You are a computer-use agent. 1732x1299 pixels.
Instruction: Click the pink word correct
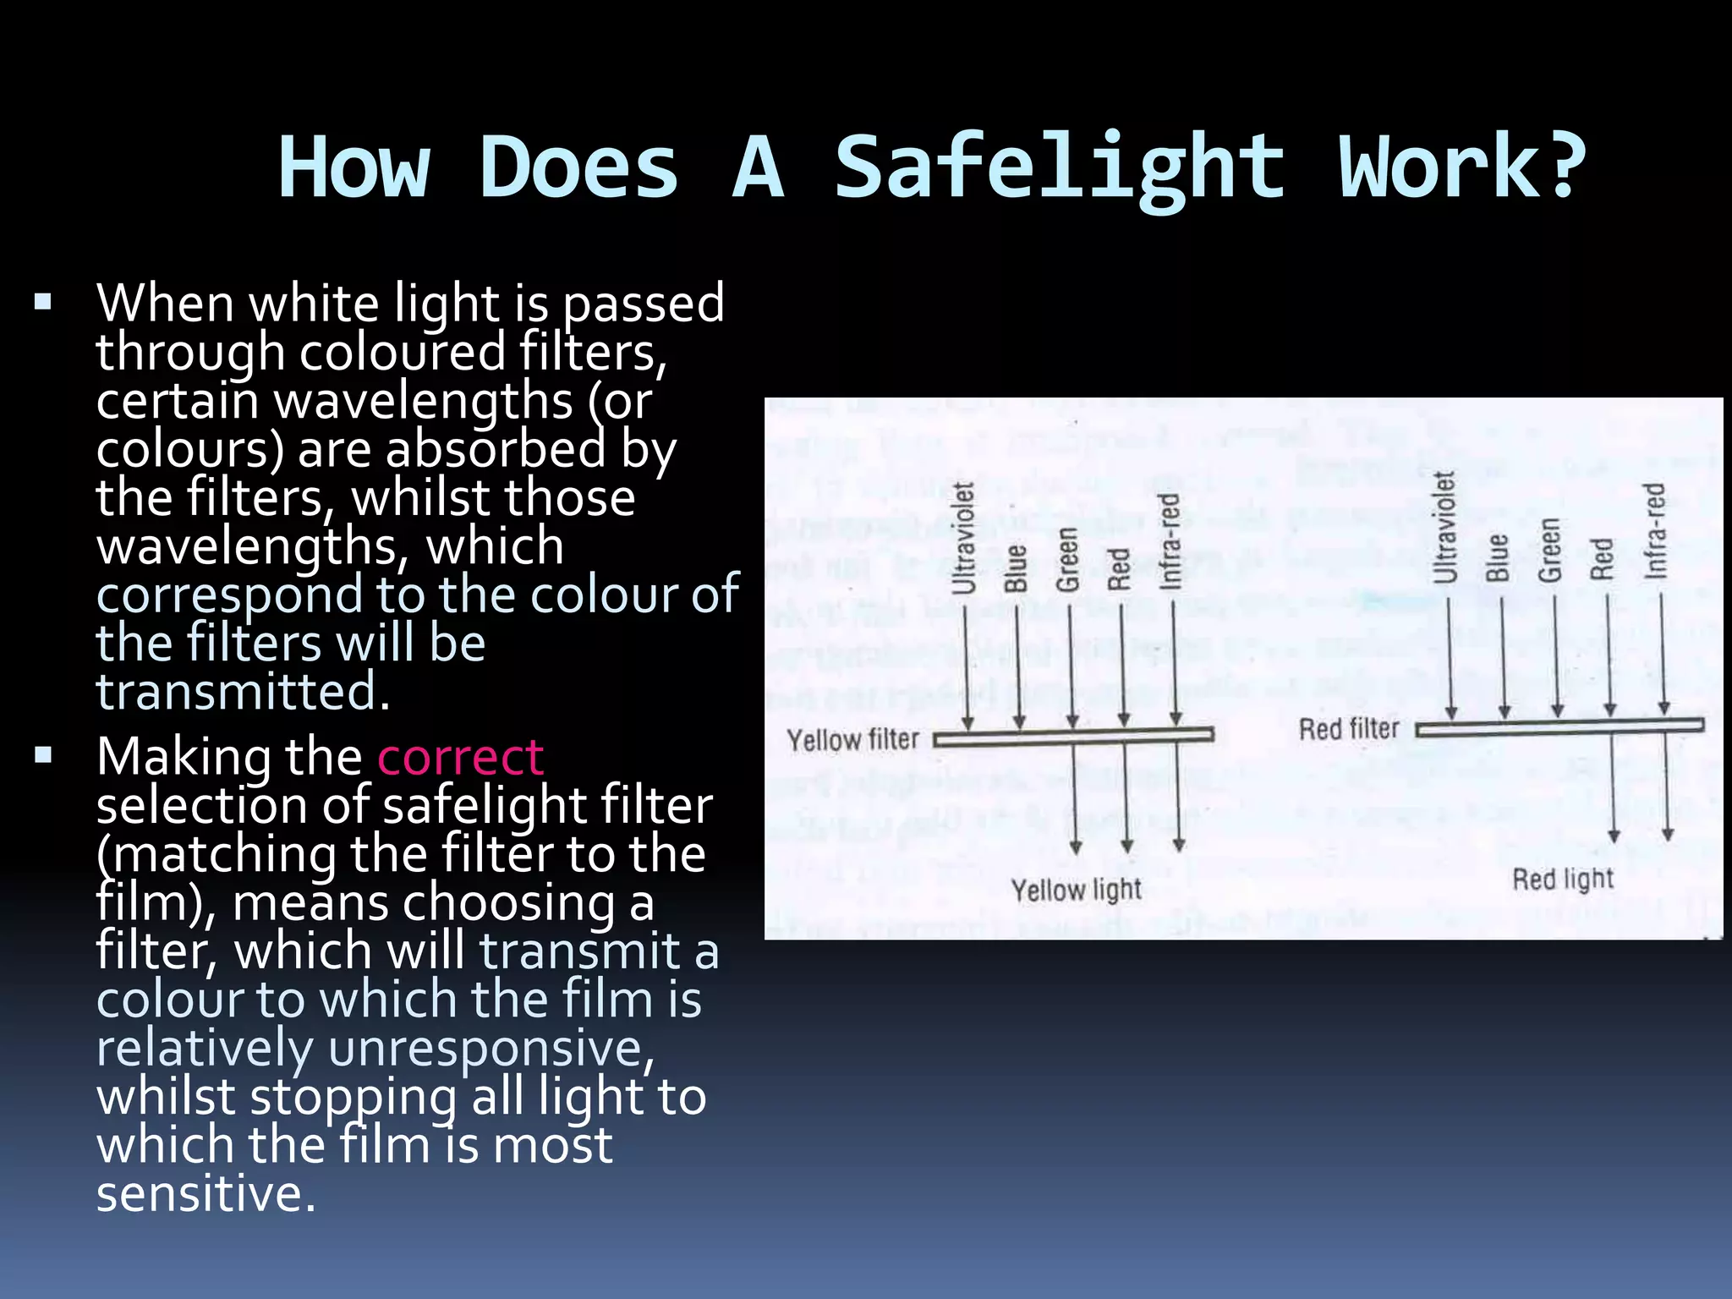pos(460,757)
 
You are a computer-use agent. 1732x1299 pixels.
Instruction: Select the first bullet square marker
pos(44,302)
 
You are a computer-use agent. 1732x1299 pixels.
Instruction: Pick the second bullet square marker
pos(44,755)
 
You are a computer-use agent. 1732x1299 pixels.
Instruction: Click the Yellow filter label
pos(852,740)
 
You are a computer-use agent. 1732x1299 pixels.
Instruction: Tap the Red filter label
pos(1349,729)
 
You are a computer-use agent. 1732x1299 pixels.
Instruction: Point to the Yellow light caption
pos(1077,890)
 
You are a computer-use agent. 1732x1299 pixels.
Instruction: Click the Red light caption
pos(1563,880)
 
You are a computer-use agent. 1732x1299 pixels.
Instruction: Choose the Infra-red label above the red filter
pos(1655,531)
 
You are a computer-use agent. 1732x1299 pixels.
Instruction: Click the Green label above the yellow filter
pos(1068,559)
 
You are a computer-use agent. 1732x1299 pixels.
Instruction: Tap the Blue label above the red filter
pos(1498,557)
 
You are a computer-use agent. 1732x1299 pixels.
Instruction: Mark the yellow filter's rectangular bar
pos(1074,737)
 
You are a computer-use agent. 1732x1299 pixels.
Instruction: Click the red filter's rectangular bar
pos(1560,726)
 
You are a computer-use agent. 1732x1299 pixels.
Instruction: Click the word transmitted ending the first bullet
pos(243,692)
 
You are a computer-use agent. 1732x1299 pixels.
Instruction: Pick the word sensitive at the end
pos(206,1193)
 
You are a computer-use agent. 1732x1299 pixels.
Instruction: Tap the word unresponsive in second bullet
pos(491,1049)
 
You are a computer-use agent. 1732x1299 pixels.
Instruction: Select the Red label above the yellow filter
pos(1120,568)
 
